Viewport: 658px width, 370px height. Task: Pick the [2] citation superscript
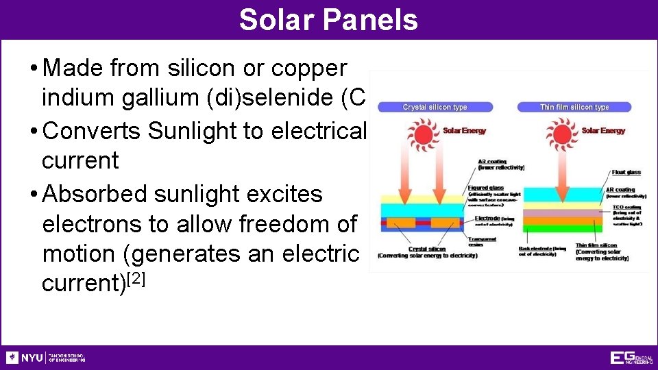[x=133, y=279]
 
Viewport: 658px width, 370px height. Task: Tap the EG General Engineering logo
[x=631, y=358]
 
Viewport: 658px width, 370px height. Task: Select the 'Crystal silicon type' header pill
[x=435, y=107]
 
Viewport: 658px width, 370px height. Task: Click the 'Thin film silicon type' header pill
[x=574, y=107]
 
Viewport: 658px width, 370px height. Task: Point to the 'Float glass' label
[x=626, y=173]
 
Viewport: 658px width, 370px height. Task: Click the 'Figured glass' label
[x=486, y=188]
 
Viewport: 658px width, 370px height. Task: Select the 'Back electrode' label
[x=542, y=249]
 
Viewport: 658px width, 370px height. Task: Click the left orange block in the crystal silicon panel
[x=399, y=223]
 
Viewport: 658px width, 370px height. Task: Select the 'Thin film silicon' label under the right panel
[x=596, y=245]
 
